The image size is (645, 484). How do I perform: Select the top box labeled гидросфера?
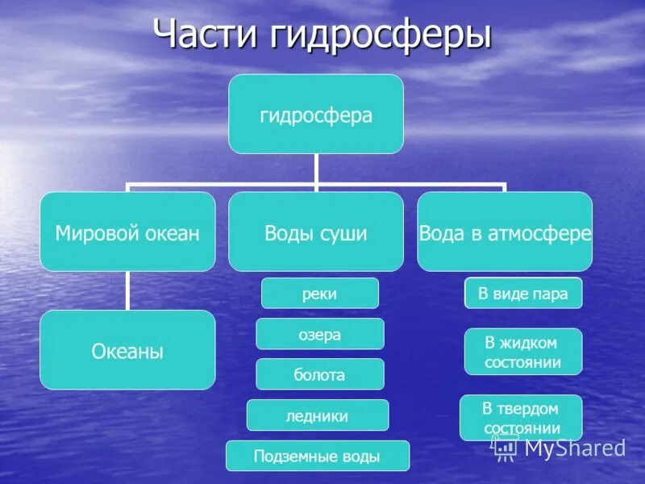point(316,114)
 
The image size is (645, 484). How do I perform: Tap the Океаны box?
point(127,350)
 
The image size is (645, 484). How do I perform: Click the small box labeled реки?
point(320,293)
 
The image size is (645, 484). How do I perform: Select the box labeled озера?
point(320,334)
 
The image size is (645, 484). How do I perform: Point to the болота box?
point(320,374)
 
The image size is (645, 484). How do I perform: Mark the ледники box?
point(318,415)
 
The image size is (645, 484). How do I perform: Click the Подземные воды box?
point(318,456)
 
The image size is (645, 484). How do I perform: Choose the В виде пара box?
point(523,293)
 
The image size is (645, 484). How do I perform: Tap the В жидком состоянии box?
point(523,352)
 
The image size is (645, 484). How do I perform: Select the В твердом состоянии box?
point(521,417)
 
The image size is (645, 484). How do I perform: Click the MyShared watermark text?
point(575,448)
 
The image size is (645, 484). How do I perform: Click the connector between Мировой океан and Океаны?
point(127,290)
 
